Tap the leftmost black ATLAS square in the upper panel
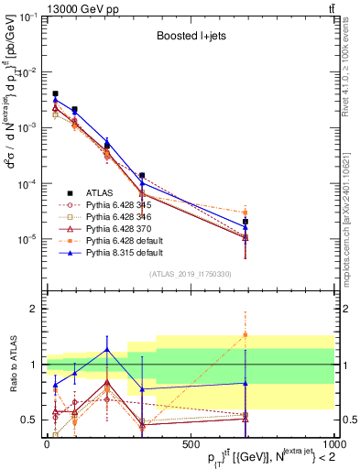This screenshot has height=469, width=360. [55, 93]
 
